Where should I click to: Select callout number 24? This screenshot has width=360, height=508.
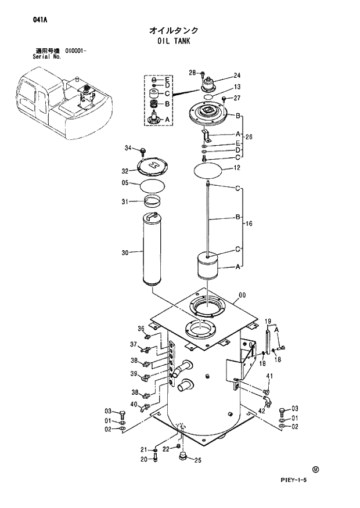237,75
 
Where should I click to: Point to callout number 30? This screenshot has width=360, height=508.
125,252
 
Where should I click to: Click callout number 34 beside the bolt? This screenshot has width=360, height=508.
128,149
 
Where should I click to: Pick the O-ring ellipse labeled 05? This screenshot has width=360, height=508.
153,186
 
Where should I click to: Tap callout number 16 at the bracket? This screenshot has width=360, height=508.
249,224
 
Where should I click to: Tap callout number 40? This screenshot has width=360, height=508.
134,404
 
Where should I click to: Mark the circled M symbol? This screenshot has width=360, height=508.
316,469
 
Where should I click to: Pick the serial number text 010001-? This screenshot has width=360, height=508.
76,52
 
